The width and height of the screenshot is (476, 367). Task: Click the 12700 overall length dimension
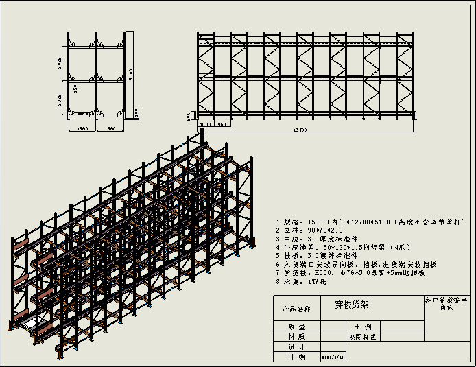pos(298,129)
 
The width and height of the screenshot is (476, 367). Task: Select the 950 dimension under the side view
pos(222,125)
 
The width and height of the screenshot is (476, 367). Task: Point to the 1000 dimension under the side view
pos(205,125)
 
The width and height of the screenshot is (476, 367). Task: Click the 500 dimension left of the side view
pos(189,117)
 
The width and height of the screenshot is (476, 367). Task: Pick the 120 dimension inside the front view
pos(75,87)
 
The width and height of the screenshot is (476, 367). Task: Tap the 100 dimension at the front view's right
pos(136,111)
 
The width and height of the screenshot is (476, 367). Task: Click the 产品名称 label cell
pos(296,309)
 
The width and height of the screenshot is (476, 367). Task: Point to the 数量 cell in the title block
pos(296,327)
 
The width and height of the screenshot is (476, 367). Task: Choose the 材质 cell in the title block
pos(296,337)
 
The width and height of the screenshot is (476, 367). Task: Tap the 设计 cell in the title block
pos(296,347)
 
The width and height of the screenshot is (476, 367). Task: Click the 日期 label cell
pos(296,357)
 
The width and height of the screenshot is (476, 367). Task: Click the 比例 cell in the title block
pos(362,327)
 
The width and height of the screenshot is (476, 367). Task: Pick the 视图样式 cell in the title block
pos(362,337)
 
